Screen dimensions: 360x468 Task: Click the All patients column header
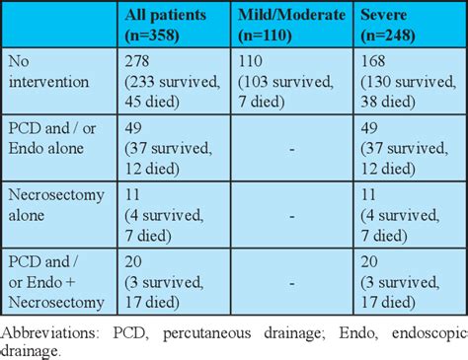174,25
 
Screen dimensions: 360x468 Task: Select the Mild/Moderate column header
290,25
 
